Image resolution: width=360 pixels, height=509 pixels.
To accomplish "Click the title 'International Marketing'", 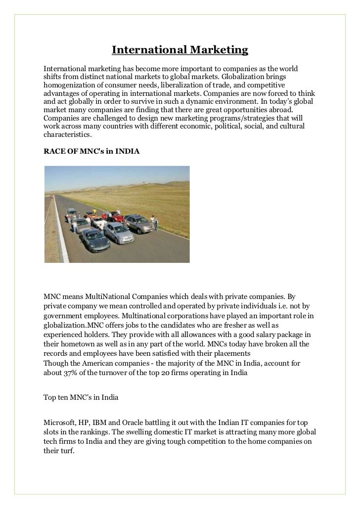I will [180, 50].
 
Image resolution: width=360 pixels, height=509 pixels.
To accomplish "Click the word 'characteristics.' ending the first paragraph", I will [67, 134].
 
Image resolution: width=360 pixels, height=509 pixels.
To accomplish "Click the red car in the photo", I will [117, 216].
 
